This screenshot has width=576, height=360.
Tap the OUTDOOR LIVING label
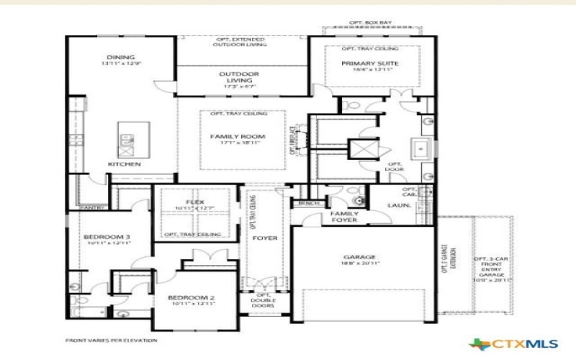coord(239,77)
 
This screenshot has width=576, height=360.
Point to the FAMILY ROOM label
coord(238,137)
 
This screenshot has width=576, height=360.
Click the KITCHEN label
coord(125,164)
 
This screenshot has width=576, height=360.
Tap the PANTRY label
coord(93,207)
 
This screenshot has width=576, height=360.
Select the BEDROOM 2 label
coord(191,298)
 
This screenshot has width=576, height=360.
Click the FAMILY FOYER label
coord(344,217)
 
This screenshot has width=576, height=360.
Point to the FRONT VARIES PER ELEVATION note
coord(111,340)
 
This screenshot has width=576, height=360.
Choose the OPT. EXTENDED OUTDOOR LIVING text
coord(240,41)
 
